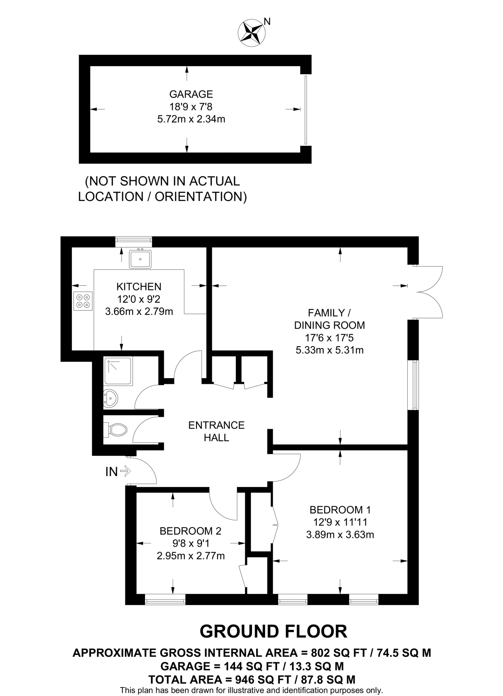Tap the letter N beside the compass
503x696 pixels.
[x=267, y=21]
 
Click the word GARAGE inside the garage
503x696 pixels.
[x=191, y=94]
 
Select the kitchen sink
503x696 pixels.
[x=140, y=259]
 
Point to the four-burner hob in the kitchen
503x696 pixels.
[x=83, y=301]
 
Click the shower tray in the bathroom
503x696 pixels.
[x=118, y=371]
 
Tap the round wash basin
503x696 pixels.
[x=110, y=398]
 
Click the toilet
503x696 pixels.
[x=115, y=430]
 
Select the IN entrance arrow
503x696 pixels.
[x=125, y=471]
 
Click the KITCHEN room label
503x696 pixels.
[x=139, y=286]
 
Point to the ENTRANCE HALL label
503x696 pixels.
[x=216, y=431]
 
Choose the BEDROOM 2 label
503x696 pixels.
[x=190, y=531]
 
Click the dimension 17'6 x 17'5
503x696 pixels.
[x=329, y=338]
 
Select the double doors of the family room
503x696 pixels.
[x=429, y=292]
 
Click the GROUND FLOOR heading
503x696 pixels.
[x=273, y=631]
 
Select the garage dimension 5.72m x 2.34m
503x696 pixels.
[x=191, y=119]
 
